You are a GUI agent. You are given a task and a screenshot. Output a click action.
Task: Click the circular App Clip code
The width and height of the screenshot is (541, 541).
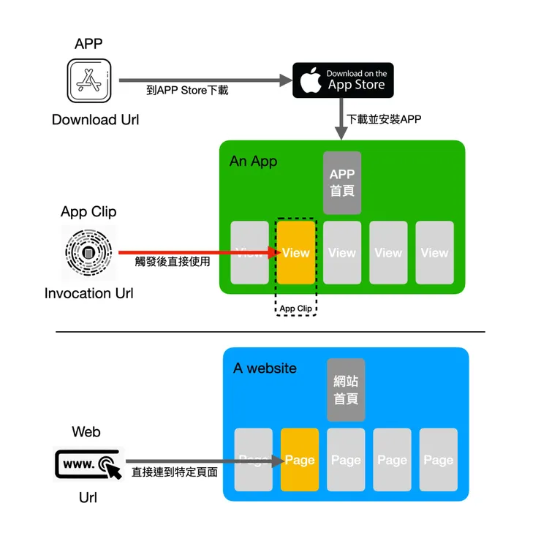pos(88,253)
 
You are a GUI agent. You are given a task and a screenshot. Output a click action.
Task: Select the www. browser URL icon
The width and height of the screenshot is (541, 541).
pos(88,464)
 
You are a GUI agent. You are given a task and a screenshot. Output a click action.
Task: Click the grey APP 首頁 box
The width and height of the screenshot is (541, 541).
pos(342,183)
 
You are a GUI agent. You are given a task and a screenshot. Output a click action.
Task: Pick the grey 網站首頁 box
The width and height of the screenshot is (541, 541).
pos(346,390)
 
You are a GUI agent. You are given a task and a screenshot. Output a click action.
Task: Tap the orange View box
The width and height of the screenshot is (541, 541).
pos(296,252)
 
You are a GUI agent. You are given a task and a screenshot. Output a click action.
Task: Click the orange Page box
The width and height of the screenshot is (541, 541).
pos(300,459)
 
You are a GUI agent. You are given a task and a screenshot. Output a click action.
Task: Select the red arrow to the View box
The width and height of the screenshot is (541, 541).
pos(197,253)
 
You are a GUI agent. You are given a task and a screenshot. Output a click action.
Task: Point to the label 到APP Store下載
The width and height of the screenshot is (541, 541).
pos(187,91)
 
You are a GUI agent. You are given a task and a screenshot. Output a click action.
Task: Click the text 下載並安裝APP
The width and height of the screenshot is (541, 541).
pos(384,119)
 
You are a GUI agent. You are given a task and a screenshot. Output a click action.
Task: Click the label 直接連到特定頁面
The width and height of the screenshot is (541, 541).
pos(175,472)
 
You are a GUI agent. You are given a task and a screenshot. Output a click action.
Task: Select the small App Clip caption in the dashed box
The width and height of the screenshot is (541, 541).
pos(296,309)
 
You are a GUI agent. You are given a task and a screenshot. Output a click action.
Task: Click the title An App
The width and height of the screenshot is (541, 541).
pos(254,161)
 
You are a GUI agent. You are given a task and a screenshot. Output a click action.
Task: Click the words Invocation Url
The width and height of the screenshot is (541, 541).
pos(88,294)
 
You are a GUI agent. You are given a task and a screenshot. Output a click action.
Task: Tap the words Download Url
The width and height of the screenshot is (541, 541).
pos(95,119)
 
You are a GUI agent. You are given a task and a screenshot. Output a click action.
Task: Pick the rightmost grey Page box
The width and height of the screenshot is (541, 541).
pos(439,459)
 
